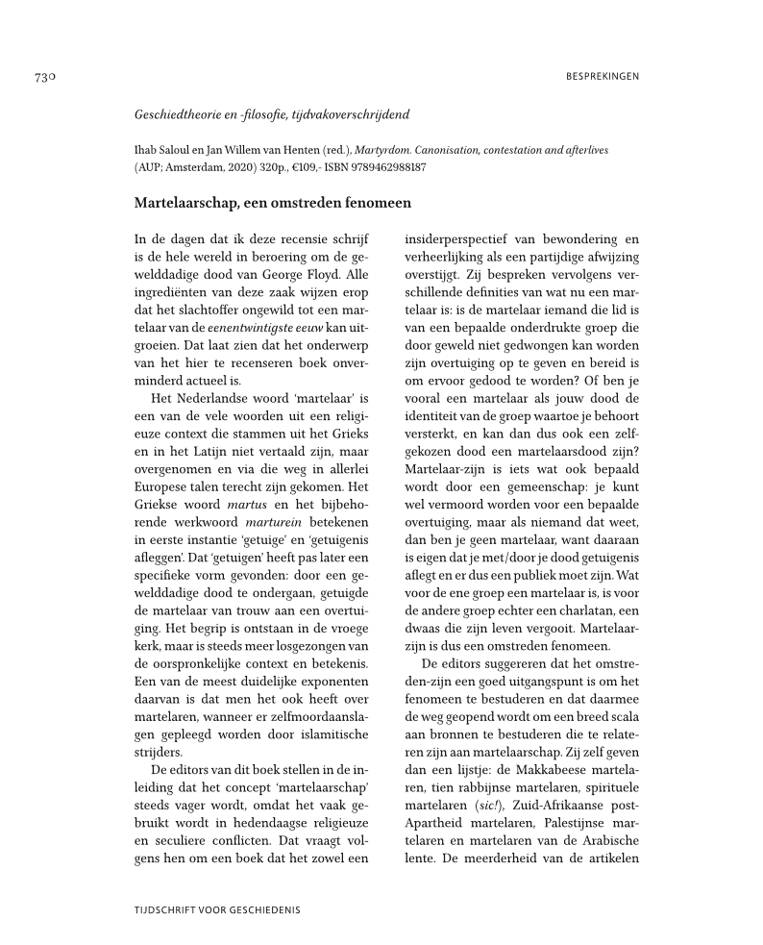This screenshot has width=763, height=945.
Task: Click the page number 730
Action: click(x=49, y=76)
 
